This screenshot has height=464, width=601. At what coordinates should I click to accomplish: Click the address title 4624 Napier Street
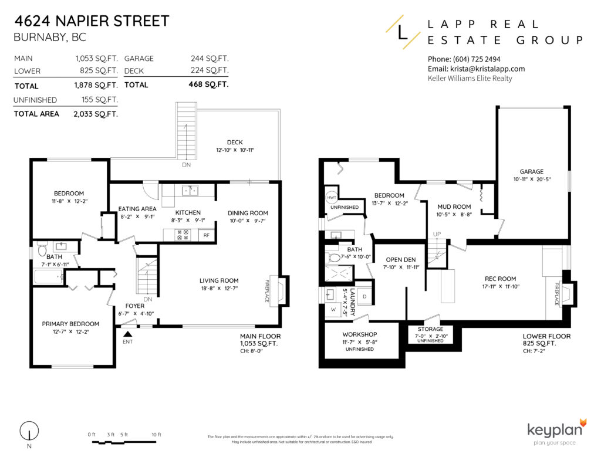(x=92, y=21)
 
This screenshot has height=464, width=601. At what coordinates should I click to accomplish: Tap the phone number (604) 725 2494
(x=464, y=59)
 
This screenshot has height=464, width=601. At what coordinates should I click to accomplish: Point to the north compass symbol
(x=26, y=432)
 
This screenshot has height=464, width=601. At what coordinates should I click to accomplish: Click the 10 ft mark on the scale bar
(x=156, y=434)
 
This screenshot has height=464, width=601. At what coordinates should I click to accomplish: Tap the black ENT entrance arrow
(x=127, y=334)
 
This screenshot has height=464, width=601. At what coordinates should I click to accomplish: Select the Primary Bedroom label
(x=70, y=324)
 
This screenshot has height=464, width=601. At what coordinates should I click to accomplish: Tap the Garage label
(x=531, y=172)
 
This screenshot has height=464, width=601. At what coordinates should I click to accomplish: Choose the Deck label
(x=235, y=143)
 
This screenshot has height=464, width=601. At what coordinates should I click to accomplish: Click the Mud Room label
(x=454, y=206)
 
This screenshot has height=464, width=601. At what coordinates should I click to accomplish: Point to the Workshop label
(x=359, y=334)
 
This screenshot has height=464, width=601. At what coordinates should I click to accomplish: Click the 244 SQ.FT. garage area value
(x=210, y=59)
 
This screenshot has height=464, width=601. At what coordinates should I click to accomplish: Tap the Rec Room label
(x=500, y=279)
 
